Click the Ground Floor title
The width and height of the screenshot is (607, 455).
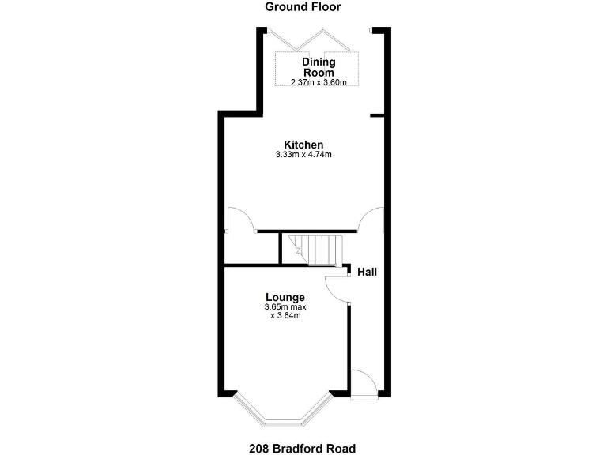(x=303, y=7)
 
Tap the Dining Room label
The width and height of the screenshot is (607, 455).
(x=319, y=67)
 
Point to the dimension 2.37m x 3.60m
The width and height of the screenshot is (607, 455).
(x=319, y=82)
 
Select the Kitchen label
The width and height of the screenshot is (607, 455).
(x=303, y=145)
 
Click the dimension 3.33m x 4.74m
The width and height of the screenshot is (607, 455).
(x=303, y=155)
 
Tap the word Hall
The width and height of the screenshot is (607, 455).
(x=367, y=272)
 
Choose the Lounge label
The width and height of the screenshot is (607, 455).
(x=285, y=297)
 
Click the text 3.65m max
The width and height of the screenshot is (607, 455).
(x=285, y=306)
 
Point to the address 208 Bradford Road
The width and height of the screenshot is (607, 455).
(x=303, y=449)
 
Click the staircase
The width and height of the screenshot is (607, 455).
(x=315, y=249)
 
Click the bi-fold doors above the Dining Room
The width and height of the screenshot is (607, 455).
(x=316, y=38)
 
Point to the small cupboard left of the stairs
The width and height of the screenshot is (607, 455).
(x=252, y=249)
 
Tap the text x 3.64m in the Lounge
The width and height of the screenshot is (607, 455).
(x=285, y=315)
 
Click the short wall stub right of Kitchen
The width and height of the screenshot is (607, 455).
(x=377, y=115)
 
